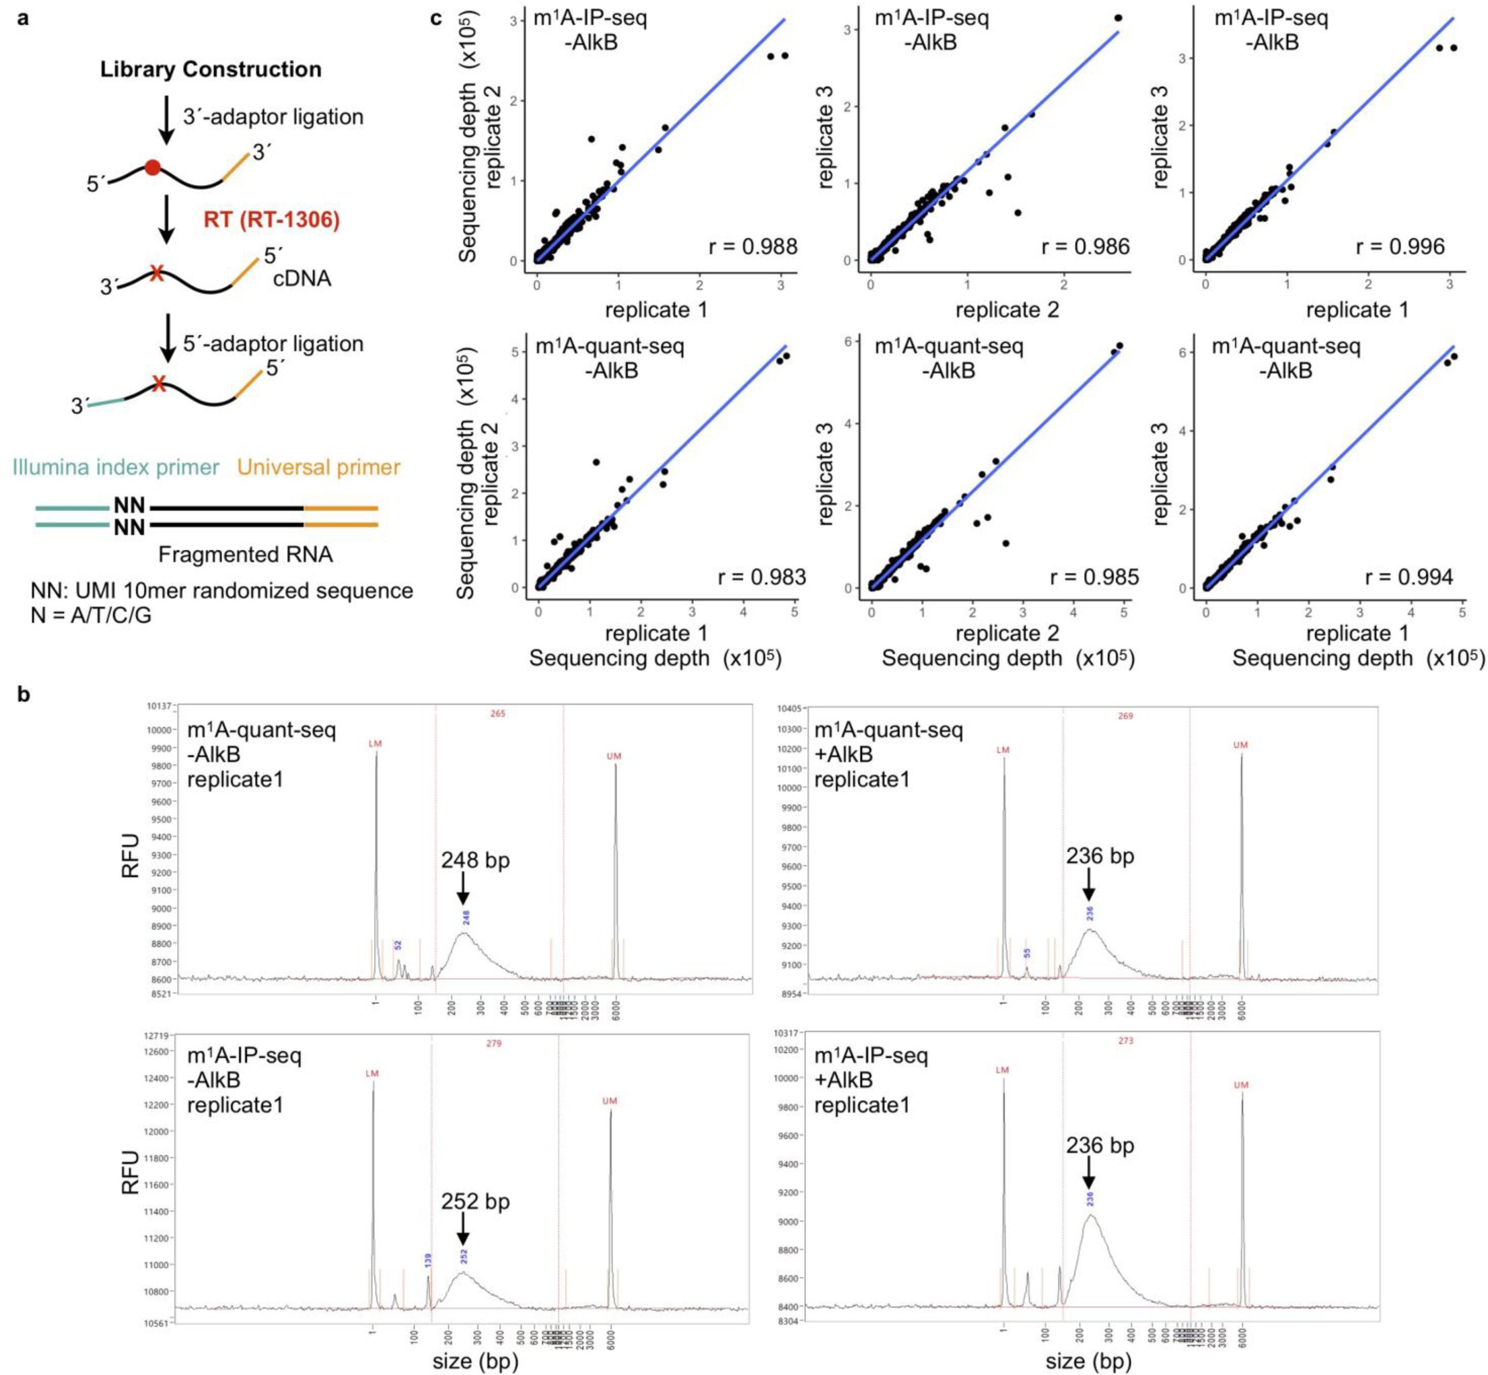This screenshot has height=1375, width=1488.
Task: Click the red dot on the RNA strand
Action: tap(153, 167)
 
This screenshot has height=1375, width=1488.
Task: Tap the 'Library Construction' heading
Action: tap(211, 69)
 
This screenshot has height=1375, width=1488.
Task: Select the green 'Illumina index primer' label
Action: tap(115, 467)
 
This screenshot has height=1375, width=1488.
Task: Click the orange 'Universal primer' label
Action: tap(318, 467)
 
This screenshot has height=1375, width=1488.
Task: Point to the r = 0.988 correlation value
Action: tap(753, 246)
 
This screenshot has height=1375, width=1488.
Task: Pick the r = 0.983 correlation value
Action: tap(761, 577)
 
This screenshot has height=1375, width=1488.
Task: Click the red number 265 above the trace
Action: tap(498, 713)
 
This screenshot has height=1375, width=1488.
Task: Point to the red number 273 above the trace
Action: tap(1125, 1041)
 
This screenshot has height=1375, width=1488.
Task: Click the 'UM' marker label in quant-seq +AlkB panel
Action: tap(1240, 745)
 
